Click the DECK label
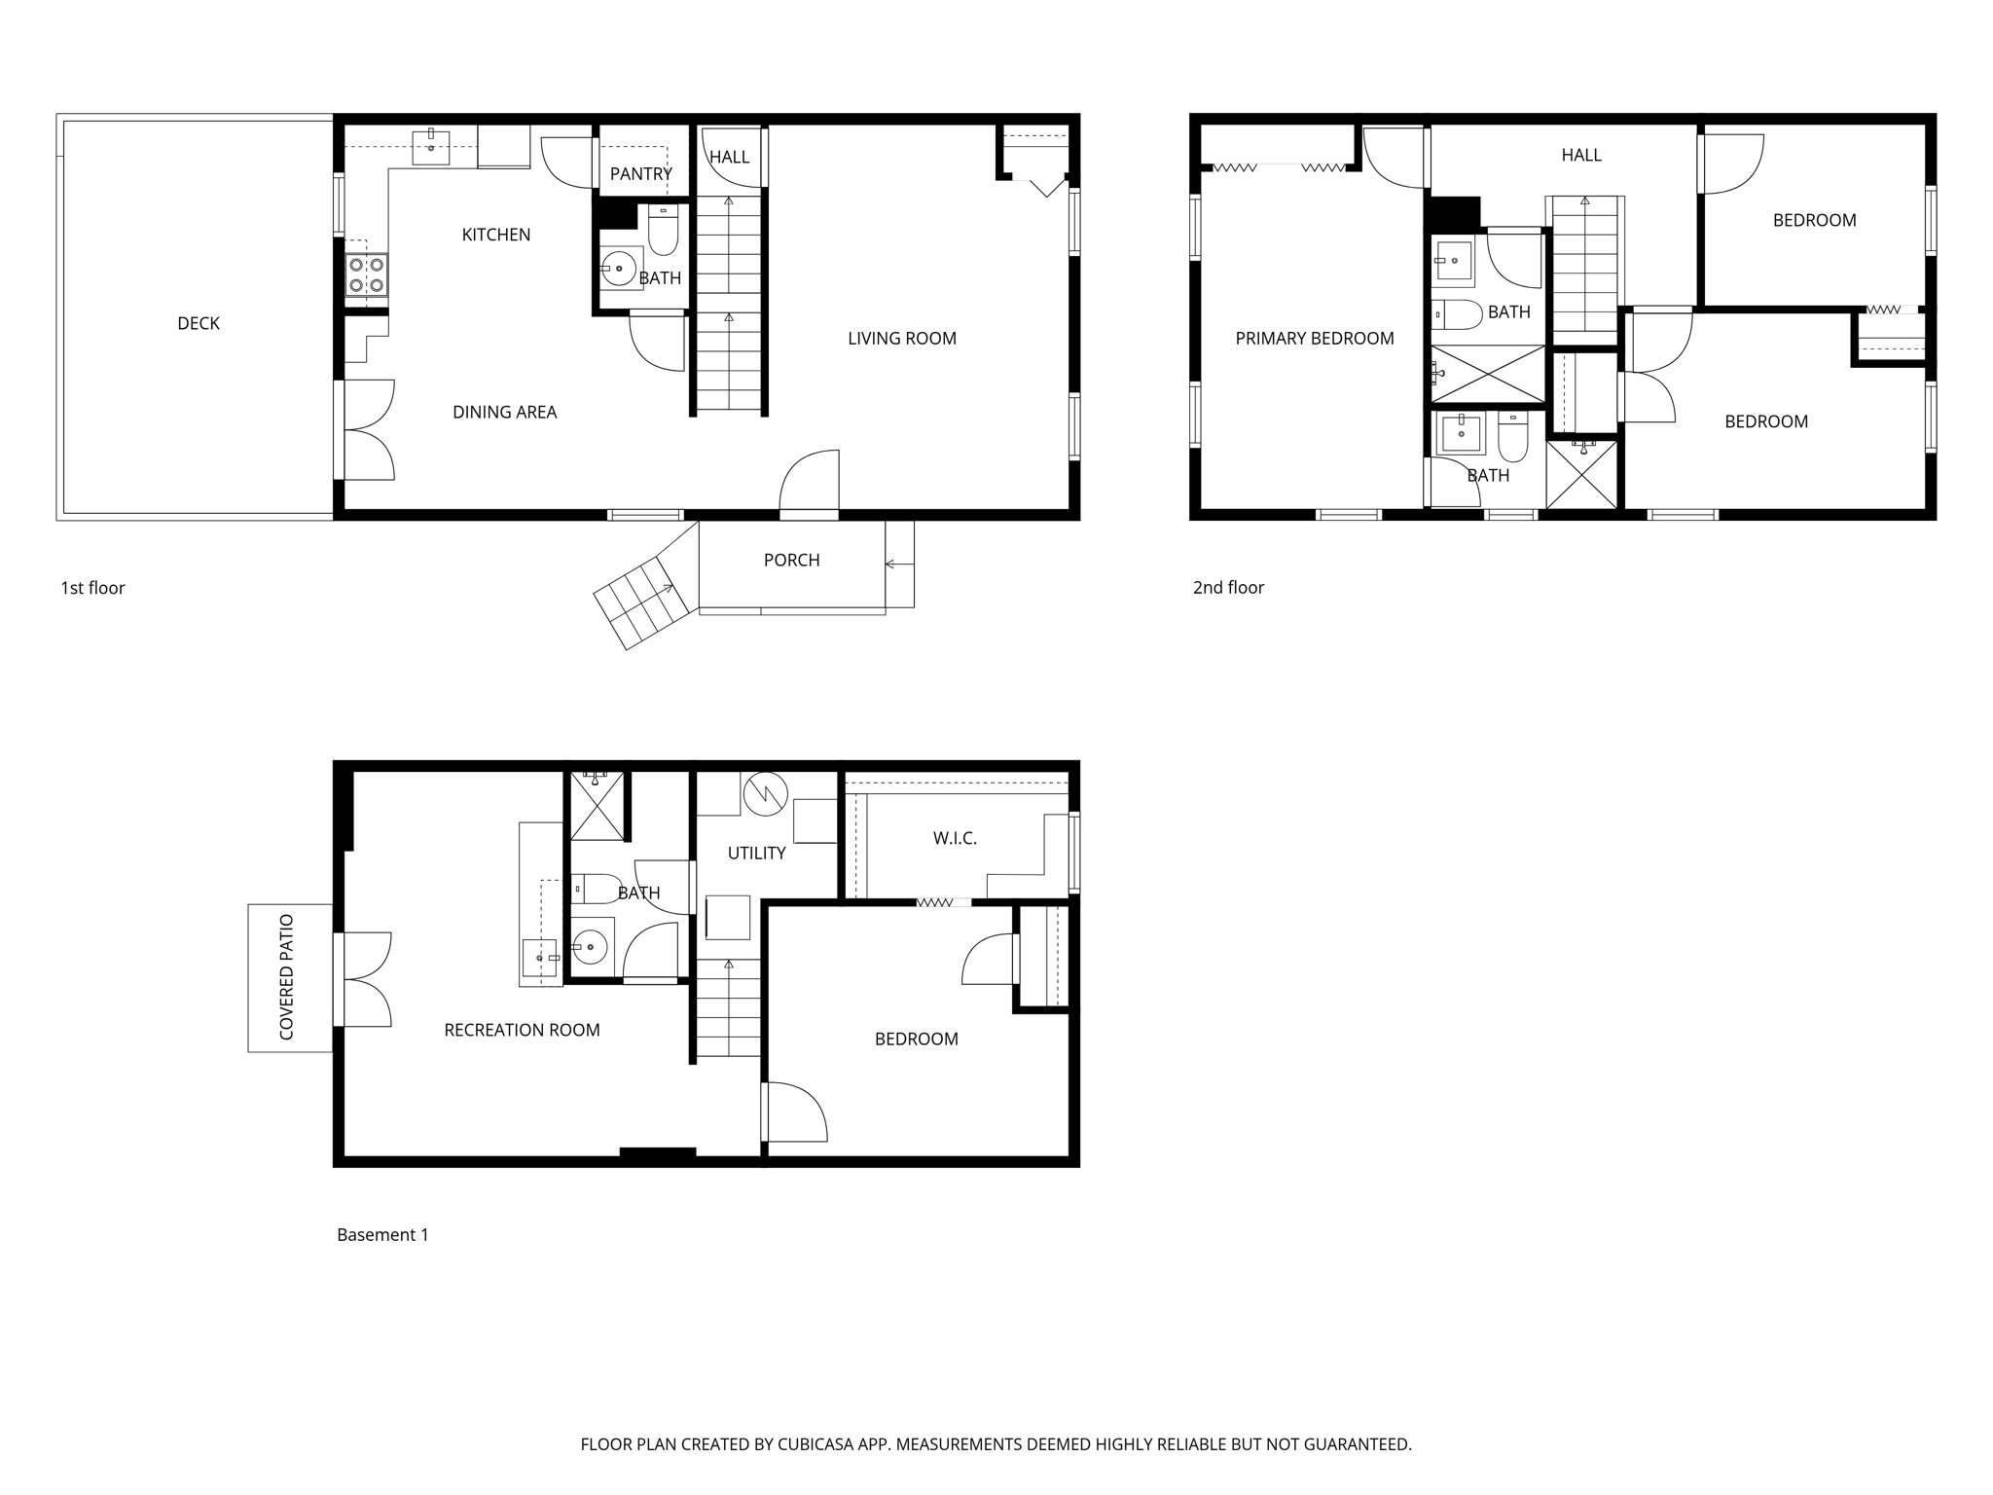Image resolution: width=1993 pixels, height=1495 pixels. pos(199,324)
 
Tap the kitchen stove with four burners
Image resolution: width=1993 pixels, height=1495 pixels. pos(367,274)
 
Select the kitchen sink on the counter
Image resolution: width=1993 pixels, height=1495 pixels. pos(431,148)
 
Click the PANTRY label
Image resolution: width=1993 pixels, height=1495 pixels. pos(640,174)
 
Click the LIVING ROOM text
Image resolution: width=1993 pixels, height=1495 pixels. pos(901,339)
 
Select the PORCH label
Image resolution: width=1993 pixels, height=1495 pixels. pos(791,561)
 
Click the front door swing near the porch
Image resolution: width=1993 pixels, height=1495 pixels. pos(810,482)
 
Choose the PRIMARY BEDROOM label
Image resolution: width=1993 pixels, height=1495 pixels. pos(1314,339)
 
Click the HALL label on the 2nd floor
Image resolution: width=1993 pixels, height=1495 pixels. pos(1580,156)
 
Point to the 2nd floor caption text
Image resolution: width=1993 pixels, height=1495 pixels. pos(1228,588)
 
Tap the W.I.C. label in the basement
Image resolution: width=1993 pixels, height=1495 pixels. pos(954,839)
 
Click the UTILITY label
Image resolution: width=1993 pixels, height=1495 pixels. pos(756,854)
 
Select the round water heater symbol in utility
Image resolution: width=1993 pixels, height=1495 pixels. pos(765,794)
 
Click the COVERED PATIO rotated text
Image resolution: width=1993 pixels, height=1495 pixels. pos(287,977)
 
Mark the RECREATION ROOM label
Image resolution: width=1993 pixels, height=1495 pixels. pos(522,1031)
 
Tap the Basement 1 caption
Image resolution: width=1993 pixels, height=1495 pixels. pos(382,1235)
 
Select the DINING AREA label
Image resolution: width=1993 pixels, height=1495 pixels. pos(504,413)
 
